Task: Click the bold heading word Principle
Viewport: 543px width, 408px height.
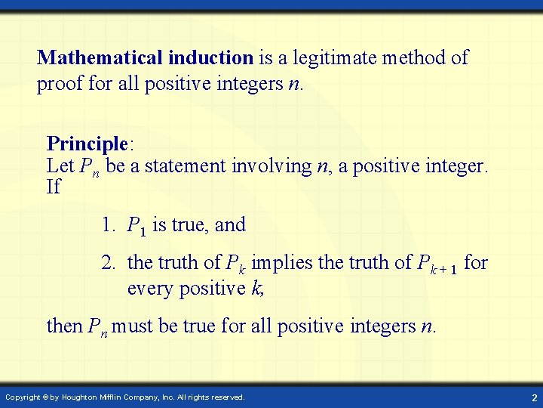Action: point(85,144)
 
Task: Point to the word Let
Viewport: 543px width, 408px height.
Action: point(60,165)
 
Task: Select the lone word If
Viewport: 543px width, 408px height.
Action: point(53,187)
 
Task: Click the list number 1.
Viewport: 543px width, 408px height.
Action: point(109,224)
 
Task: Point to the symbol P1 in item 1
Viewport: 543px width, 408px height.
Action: point(137,226)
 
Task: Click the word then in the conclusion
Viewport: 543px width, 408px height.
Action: point(64,326)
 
